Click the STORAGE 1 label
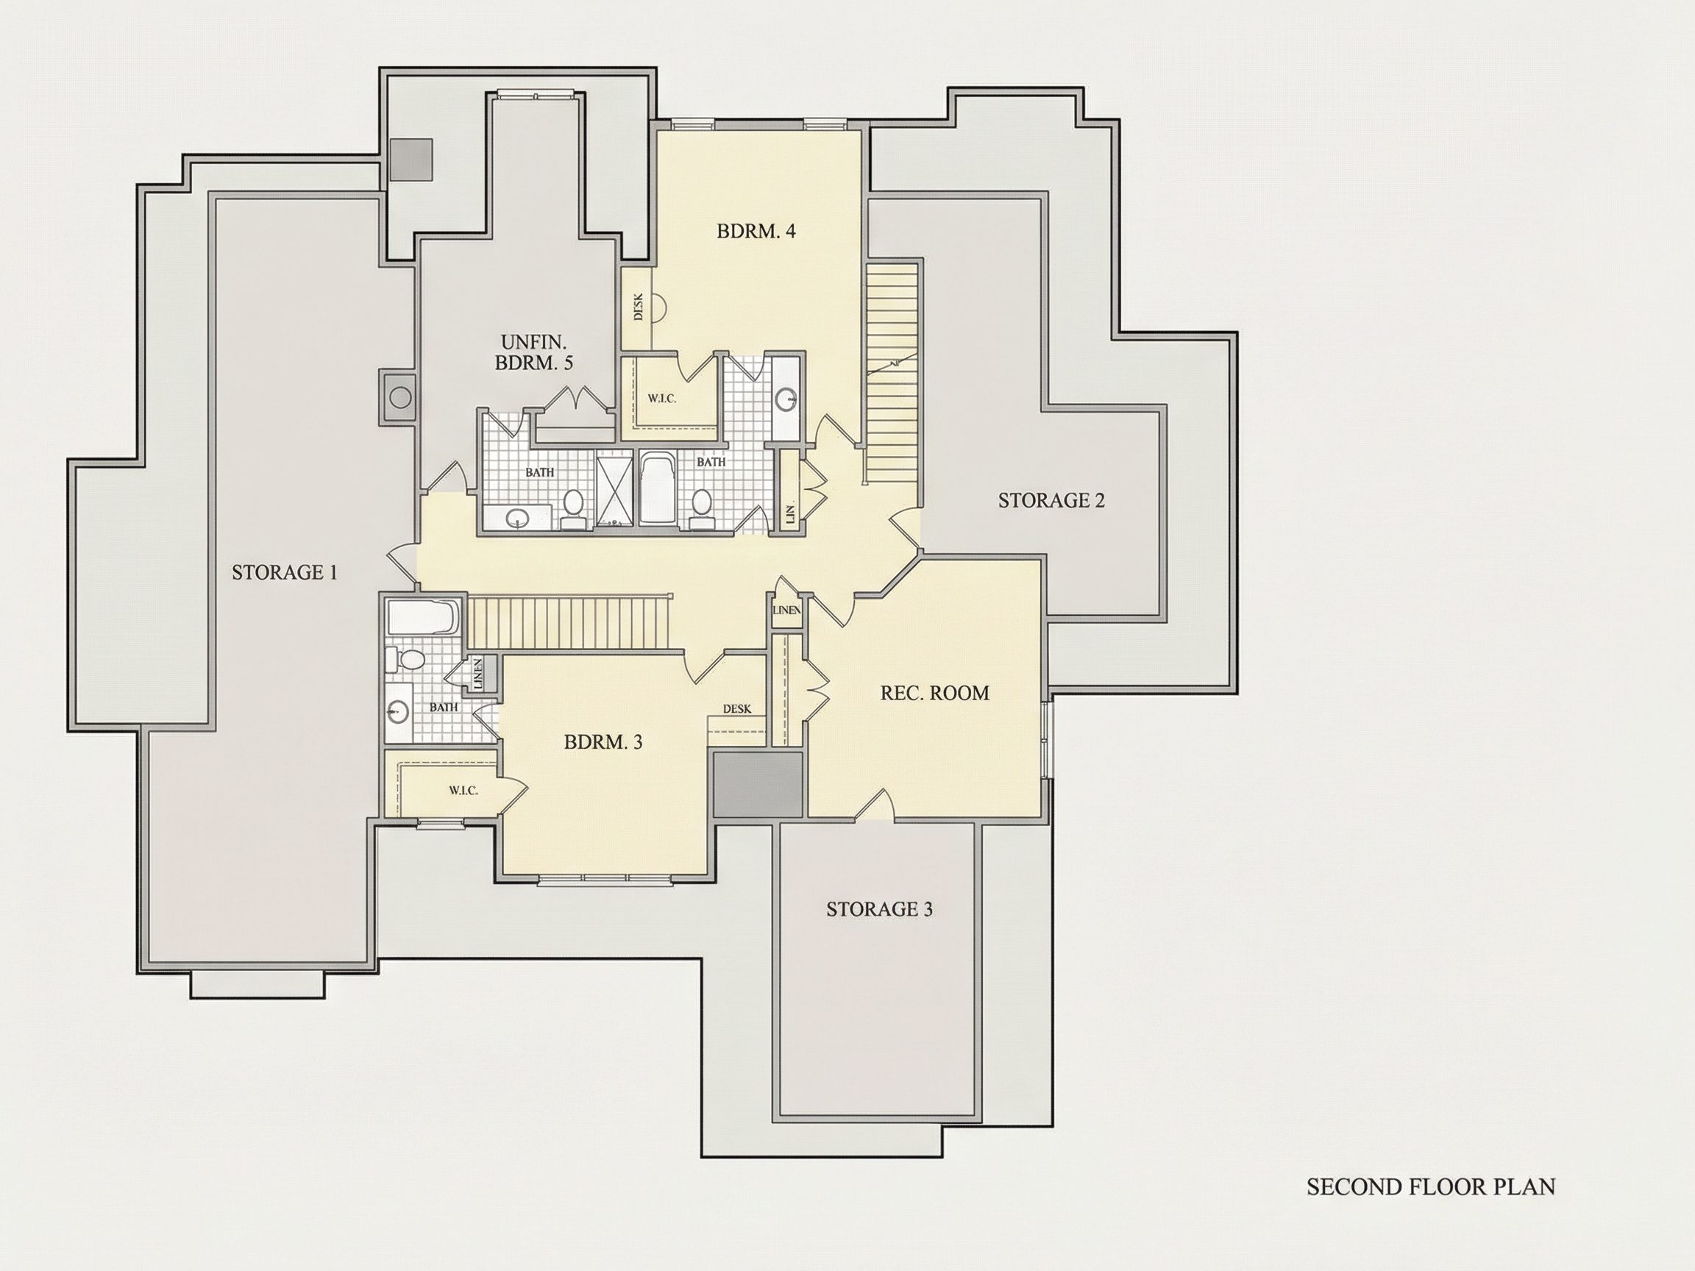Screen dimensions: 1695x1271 [284, 572]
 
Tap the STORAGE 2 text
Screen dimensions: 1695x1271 [1051, 500]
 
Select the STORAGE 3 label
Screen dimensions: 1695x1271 [879, 909]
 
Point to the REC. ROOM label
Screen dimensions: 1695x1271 [935, 693]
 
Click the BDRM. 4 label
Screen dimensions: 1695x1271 [756, 231]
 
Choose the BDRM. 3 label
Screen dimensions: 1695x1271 [603, 741]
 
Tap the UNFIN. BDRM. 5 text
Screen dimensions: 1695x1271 [534, 352]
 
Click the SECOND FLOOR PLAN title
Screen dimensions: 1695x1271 [1431, 1186]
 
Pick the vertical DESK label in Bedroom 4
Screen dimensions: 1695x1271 [639, 308]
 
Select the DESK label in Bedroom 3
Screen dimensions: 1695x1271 [737, 710]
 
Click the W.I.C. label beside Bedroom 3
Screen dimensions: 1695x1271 [463, 791]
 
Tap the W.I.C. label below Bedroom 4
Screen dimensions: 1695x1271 [662, 399]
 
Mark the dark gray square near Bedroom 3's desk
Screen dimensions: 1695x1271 [758, 785]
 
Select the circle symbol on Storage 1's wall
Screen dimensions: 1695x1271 [400, 398]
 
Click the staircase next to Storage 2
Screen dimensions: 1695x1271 [892, 371]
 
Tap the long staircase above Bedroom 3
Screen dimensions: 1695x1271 [569, 624]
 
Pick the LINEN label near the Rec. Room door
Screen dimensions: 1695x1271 [787, 610]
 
